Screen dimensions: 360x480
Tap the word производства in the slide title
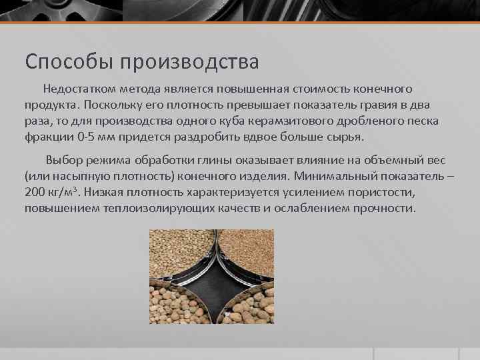pos(189,62)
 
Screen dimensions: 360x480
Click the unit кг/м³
pos(67,193)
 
